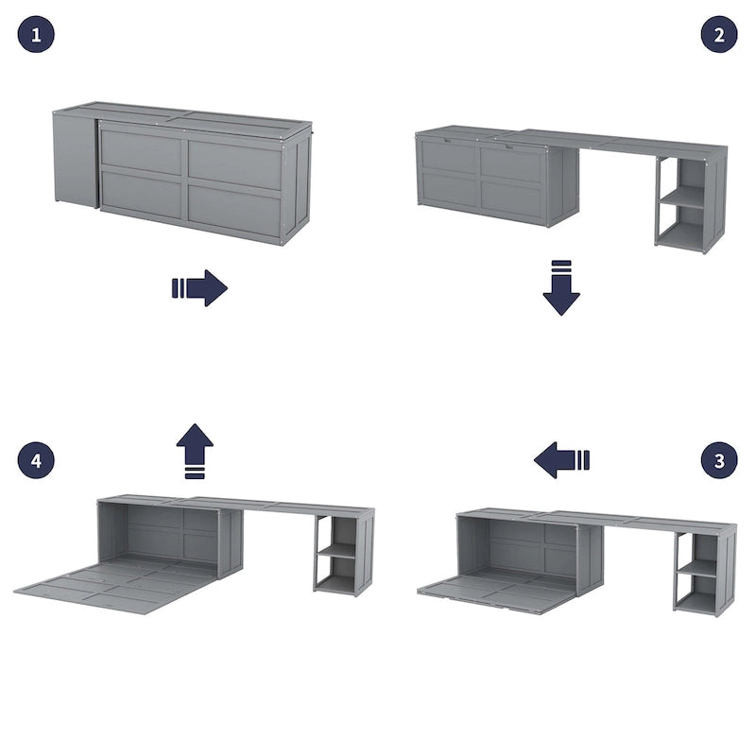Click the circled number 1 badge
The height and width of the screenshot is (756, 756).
(x=36, y=35)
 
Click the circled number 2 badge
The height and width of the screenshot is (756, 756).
(x=719, y=35)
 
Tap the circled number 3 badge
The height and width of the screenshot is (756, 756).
(x=719, y=460)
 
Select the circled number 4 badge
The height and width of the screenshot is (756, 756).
(x=36, y=460)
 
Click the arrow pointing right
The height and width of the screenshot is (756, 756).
(x=199, y=287)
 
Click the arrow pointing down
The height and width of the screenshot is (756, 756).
(x=561, y=287)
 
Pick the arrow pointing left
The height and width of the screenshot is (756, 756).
(x=561, y=460)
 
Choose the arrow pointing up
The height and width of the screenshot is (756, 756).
(x=195, y=450)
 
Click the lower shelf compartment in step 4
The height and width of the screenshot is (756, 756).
(x=337, y=574)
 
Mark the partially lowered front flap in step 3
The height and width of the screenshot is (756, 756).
(x=496, y=591)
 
